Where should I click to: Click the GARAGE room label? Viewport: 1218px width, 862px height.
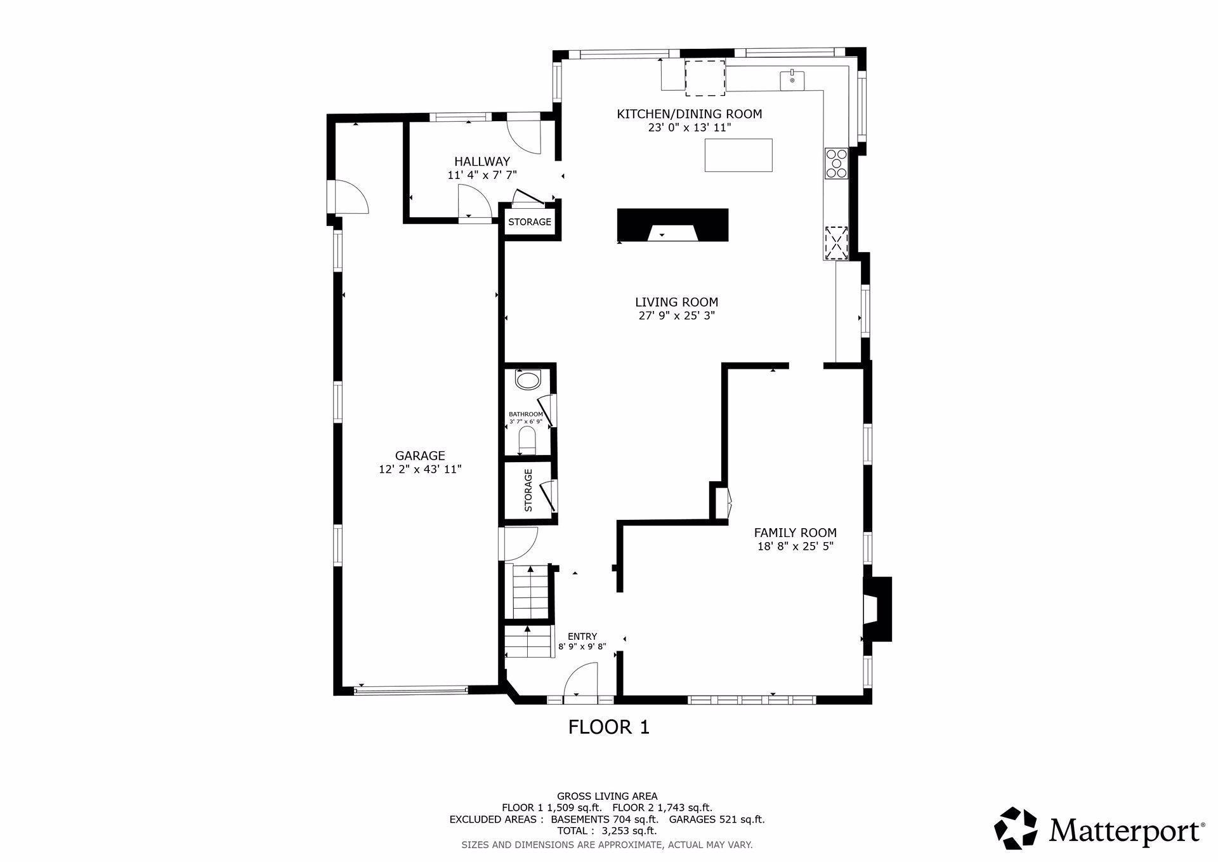coord(419,455)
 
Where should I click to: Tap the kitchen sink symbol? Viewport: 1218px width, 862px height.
coord(792,81)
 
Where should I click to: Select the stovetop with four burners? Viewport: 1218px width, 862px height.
coord(836,163)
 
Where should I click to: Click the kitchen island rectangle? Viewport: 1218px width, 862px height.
coord(738,155)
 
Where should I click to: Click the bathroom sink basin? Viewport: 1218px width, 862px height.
coord(527,381)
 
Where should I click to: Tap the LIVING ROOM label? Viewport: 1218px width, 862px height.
coord(676,302)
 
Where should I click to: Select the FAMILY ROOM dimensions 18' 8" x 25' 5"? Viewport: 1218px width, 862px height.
coord(795,547)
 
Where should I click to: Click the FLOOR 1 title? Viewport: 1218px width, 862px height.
coord(608,727)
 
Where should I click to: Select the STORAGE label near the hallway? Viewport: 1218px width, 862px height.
coord(530,222)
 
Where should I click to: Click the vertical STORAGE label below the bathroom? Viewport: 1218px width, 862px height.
coord(528,490)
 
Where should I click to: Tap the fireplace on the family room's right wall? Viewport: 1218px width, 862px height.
coord(877,609)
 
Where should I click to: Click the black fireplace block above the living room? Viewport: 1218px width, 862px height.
coord(672,225)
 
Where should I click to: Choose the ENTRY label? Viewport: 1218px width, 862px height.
coord(582,637)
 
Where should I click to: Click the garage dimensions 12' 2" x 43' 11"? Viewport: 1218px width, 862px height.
coord(419,470)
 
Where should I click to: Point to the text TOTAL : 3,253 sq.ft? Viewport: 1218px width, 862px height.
coord(607,831)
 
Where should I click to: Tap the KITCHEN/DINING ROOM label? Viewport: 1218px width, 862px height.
coord(689,114)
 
